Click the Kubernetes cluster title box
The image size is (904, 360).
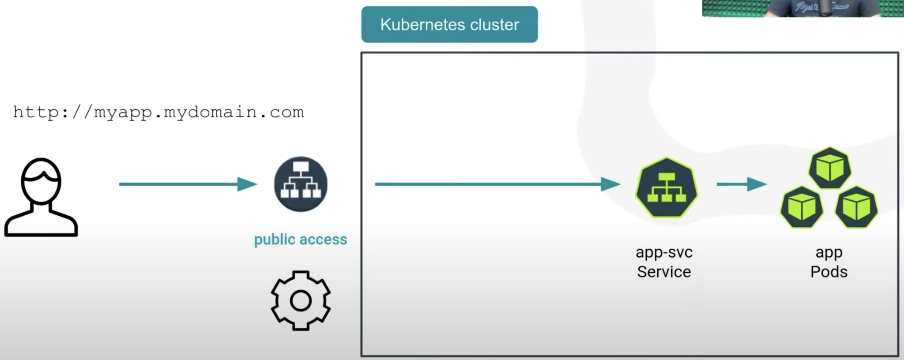(x=449, y=24)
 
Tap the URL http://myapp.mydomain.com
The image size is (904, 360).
(x=158, y=112)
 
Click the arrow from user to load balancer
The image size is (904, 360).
(x=188, y=184)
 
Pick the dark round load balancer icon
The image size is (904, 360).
(x=301, y=184)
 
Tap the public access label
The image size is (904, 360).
(x=301, y=239)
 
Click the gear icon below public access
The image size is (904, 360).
(x=301, y=300)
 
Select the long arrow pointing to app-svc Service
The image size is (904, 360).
(x=497, y=184)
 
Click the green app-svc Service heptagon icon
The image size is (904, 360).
(x=667, y=187)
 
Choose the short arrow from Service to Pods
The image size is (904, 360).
(x=742, y=184)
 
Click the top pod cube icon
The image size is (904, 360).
(x=830, y=168)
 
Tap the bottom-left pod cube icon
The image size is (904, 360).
(x=802, y=207)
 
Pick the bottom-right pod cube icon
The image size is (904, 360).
(x=856, y=207)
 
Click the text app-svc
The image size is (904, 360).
(x=664, y=252)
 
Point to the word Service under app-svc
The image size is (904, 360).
(x=664, y=272)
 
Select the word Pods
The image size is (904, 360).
(x=829, y=272)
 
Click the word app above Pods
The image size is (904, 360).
(x=829, y=253)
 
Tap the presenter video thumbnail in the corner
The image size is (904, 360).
(x=802, y=8)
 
